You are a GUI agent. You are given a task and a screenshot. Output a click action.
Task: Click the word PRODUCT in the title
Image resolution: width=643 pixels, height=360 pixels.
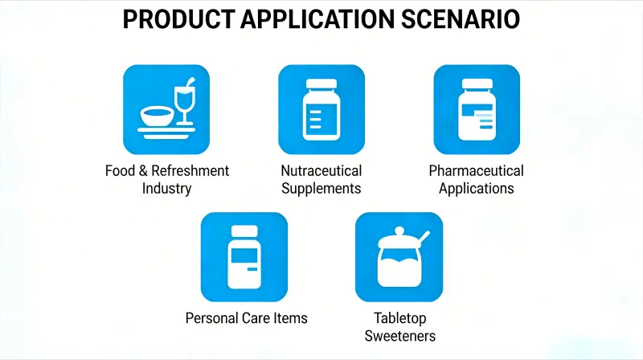[178, 19]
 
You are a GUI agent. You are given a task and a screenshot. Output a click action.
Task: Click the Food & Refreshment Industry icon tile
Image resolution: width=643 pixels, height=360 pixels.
[166, 109]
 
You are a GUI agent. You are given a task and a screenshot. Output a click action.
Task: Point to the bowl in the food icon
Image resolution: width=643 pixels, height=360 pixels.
[158, 117]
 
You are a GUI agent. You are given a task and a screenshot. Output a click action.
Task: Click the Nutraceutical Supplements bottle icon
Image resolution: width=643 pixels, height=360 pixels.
[321, 110]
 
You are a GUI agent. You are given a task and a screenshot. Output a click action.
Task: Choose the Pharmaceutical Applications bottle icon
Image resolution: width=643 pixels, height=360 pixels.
[477, 110]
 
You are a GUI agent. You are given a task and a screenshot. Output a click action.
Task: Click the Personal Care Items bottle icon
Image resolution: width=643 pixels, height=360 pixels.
[244, 256]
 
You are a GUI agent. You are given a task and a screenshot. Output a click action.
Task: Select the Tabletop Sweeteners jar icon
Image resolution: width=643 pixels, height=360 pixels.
[399, 257]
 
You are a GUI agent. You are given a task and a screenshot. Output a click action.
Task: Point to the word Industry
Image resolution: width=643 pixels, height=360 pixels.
[167, 189]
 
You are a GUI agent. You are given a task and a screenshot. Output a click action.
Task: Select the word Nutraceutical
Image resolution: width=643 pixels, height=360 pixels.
[321, 171]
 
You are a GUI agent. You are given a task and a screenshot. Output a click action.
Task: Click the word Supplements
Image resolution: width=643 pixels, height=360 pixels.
[321, 189]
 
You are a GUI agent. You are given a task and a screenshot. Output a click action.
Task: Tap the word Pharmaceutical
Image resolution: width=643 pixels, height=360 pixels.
[476, 171]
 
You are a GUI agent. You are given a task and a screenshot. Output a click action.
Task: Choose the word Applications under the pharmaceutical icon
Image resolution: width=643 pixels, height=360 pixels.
[476, 189]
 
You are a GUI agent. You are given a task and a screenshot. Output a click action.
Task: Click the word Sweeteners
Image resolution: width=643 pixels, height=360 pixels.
[399, 336]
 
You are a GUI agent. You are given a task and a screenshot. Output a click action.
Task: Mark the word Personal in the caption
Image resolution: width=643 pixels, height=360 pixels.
[211, 317]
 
